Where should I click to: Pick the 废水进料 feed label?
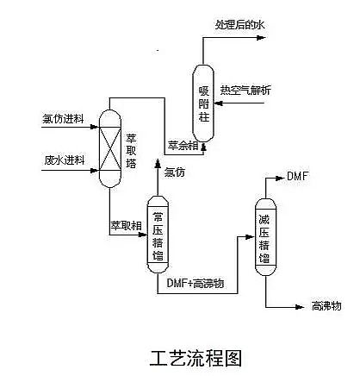point(63,160)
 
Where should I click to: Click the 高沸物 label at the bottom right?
point(327,306)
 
